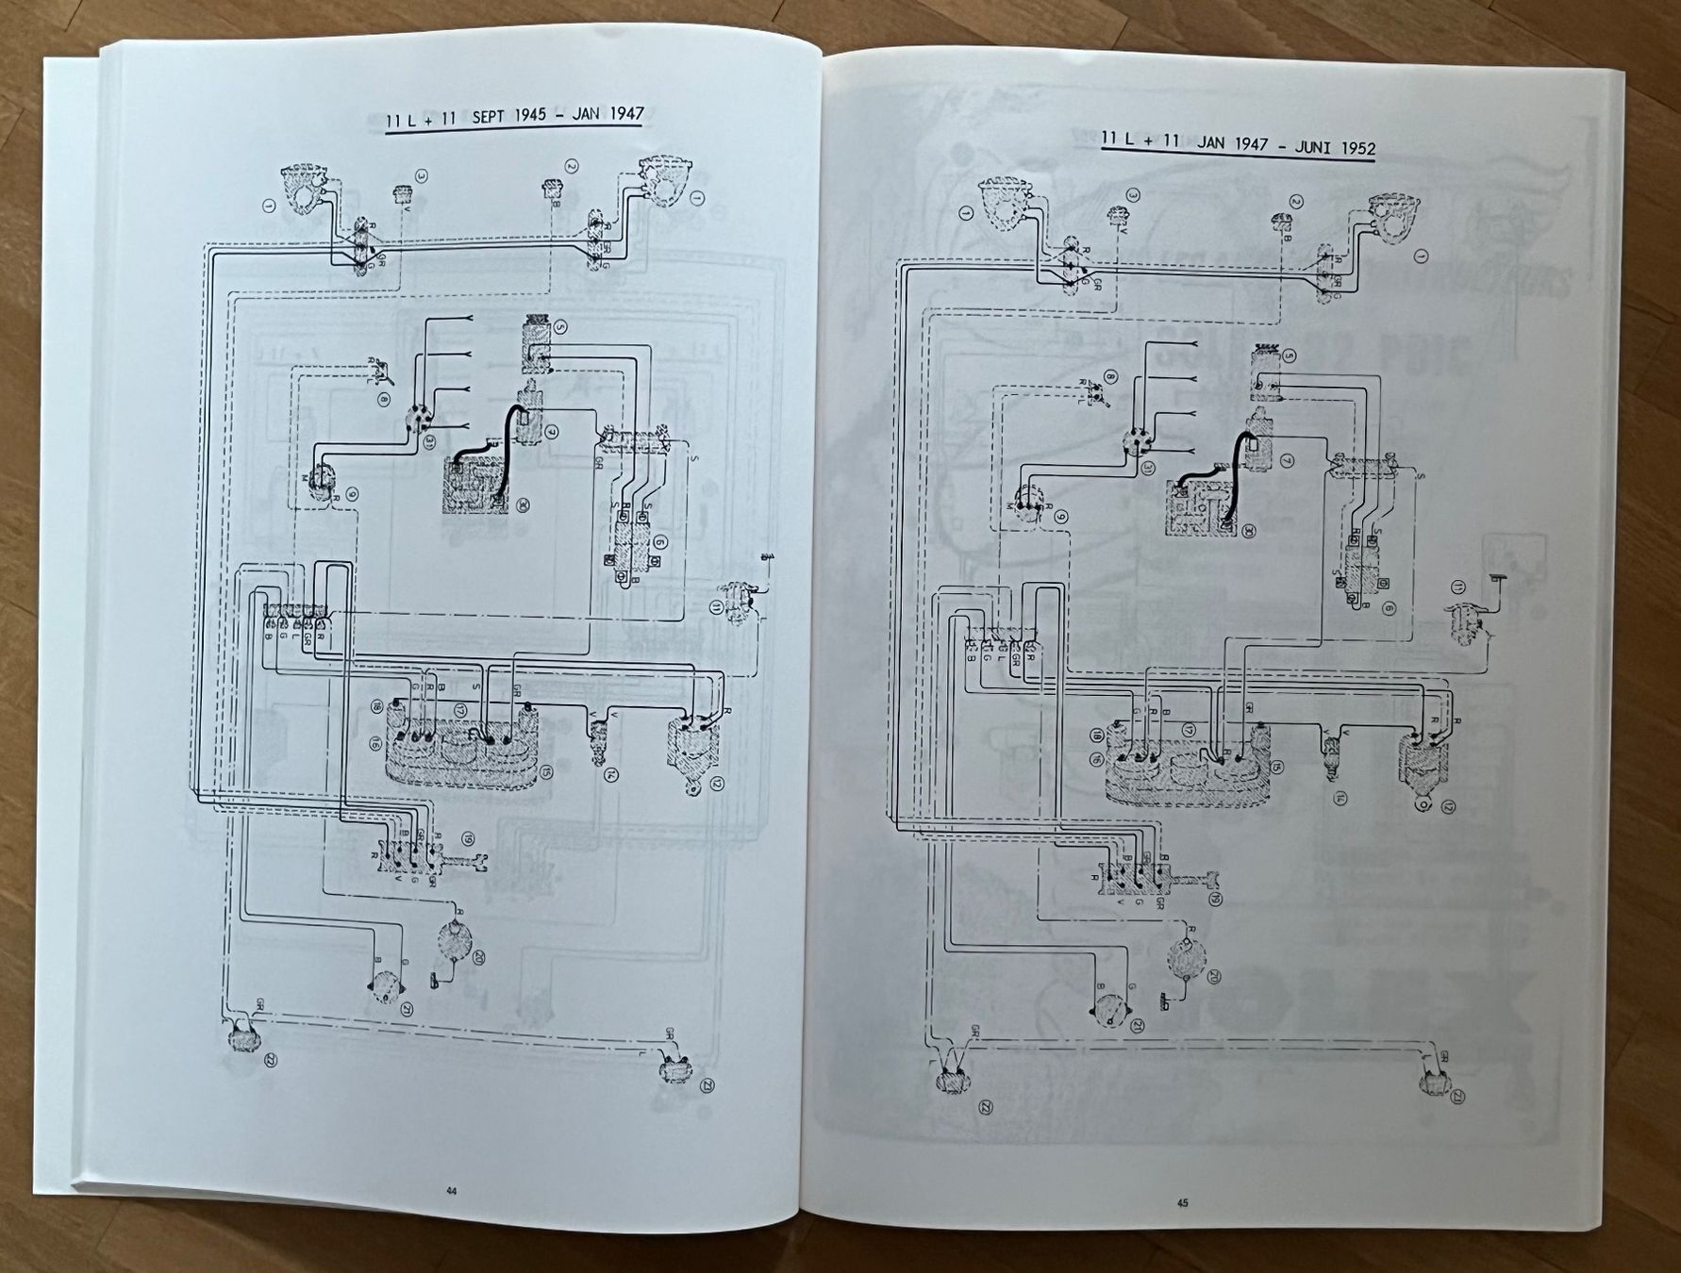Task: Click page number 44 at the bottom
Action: pos(451,1190)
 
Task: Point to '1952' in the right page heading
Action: pos(1348,148)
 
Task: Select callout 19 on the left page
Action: pos(468,836)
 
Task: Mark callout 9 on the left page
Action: pos(352,493)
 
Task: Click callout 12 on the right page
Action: pos(1448,806)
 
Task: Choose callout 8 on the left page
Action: pos(384,401)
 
